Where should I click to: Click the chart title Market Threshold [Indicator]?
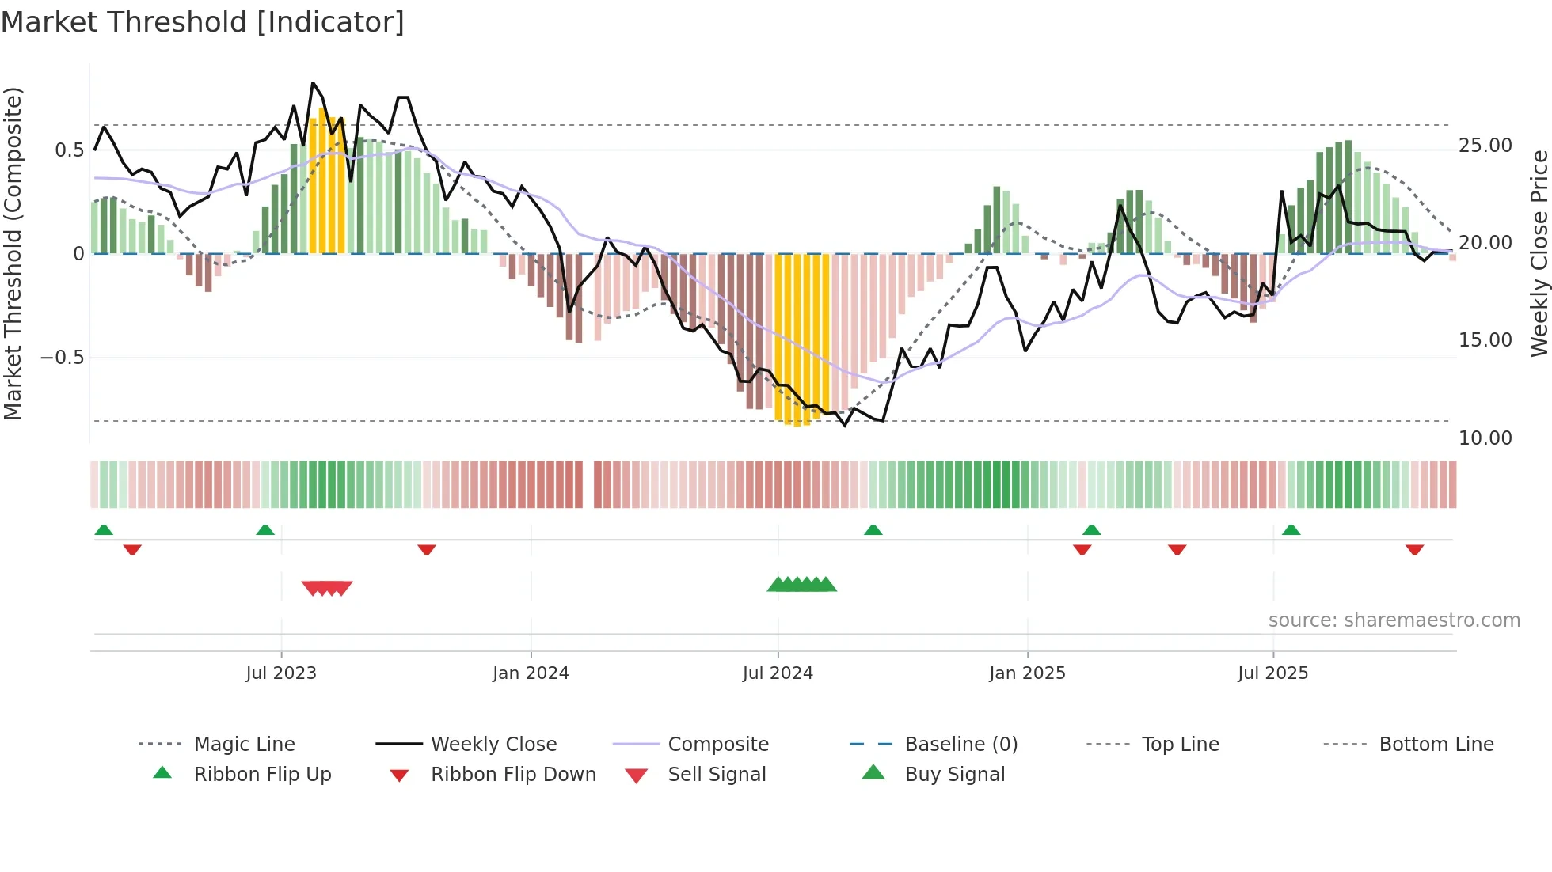203,22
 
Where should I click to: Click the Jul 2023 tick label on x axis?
281,673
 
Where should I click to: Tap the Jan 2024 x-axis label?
531,673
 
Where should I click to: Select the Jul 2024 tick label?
778,673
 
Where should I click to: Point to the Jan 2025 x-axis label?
1027,673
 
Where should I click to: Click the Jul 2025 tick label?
1273,673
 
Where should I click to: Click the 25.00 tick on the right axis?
1485,146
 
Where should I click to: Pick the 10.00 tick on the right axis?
1485,438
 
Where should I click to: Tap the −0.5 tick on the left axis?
63,358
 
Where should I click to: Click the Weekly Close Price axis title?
1539,253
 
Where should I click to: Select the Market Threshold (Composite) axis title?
13,253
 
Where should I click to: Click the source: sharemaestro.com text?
1394,620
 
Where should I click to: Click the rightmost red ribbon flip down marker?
1415,549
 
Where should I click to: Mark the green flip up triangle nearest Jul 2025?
1291,530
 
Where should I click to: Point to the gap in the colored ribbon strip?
588,484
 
